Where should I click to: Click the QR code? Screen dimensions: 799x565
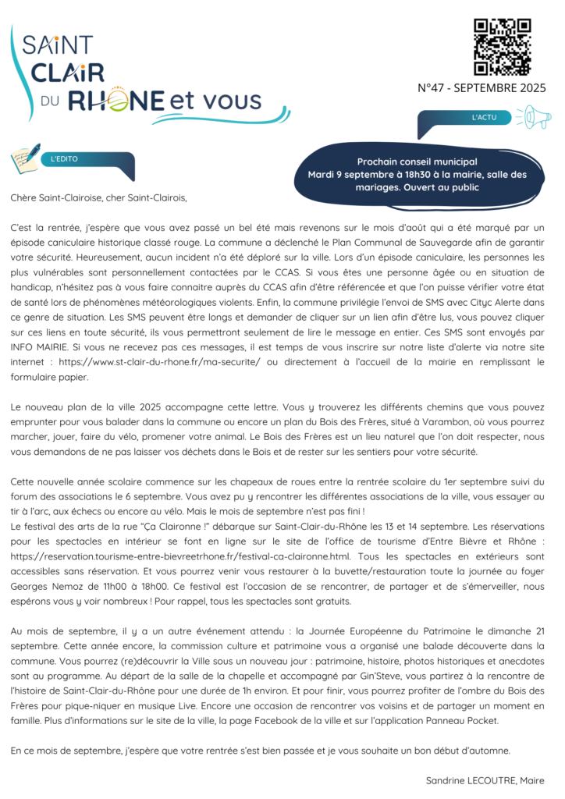click(x=503, y=46)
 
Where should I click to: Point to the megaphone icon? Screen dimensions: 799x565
click(x=536, y=117)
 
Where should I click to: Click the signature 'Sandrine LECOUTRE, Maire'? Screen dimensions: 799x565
click(x=485, y=779)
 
